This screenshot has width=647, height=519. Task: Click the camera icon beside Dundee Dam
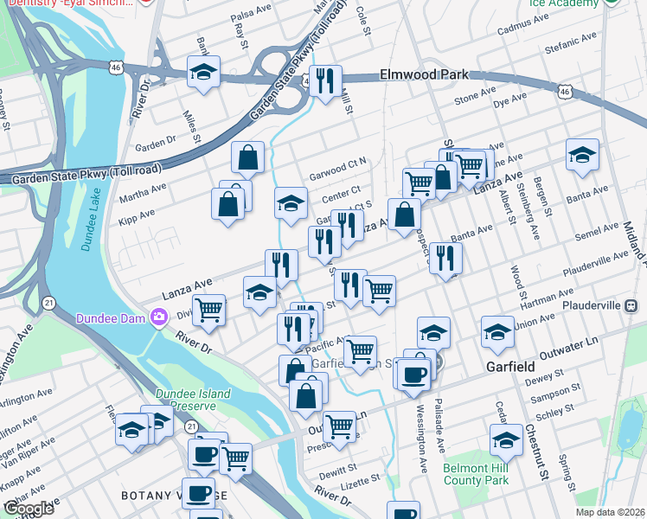click(158, 317)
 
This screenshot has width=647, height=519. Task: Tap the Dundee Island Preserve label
click(193, 400)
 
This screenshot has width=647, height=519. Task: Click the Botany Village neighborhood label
click(173, 495)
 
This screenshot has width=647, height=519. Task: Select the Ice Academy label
click(563, 3)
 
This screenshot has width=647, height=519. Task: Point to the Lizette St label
click(363, 478)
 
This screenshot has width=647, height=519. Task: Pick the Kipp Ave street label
click(137, 213)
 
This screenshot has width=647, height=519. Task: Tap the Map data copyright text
click(609, 512)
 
